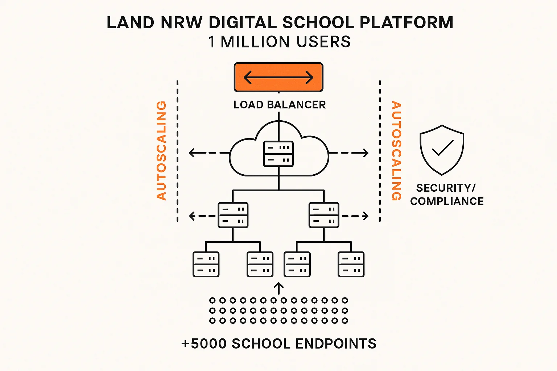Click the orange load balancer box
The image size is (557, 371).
(x=278, y=77)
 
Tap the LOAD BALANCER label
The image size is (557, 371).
(x=280, y=105)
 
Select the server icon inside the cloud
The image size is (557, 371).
(x=278, y=154)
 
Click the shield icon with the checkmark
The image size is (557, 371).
(x=442, y=150)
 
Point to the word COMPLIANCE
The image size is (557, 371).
(x=447, y=201)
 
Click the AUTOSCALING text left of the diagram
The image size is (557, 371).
(x=161, y=150)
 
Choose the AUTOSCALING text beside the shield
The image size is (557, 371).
(x=396, y=150)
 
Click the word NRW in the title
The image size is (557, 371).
(x=181, y=22)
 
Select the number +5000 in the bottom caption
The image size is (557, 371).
(x=204, y=343)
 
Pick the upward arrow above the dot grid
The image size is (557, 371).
(x=278, y=288)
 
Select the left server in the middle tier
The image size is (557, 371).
(x=233, y=215)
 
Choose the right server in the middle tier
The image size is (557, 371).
(x=324, y=215)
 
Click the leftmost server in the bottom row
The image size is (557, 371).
(x=206, y=264)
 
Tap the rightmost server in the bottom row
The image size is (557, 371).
(x=351, y=264)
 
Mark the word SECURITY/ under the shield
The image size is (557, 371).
(x=446, y=188)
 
